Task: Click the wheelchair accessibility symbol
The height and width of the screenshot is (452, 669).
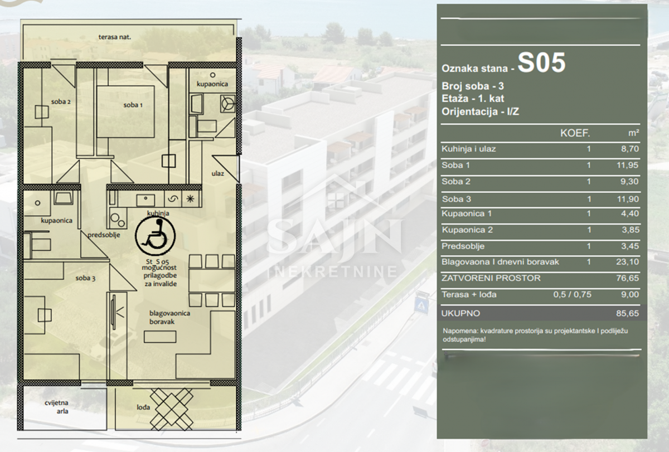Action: point(155,236)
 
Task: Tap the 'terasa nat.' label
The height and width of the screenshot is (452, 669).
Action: point(115,37)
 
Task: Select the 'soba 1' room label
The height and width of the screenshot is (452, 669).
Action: point(133,105)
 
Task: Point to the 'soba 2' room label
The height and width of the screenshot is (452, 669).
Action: point(61,101)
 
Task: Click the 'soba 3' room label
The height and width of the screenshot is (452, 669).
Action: point(85,278)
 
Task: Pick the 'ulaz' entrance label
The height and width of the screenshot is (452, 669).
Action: point(218,173)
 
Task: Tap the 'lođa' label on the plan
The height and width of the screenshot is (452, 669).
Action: point(143,407)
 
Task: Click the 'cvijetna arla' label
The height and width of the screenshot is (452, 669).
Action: point(56,407)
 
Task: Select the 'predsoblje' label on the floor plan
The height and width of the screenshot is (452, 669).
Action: point(104,235)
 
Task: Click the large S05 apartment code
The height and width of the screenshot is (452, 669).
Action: point(541,62)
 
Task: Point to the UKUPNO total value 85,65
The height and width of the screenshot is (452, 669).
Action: point(628,313)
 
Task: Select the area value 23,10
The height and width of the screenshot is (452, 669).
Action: point(628,262)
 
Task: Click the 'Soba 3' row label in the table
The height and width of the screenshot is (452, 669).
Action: point(457,199)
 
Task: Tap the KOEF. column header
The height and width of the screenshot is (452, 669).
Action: point(575,133)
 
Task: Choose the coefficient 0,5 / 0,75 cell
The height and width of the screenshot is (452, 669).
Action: point(572,294)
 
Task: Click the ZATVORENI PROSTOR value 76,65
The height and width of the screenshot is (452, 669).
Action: point(628,278)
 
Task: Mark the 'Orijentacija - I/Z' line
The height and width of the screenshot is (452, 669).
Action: point(480,111)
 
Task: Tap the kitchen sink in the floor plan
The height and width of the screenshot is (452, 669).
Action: point(146,200)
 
